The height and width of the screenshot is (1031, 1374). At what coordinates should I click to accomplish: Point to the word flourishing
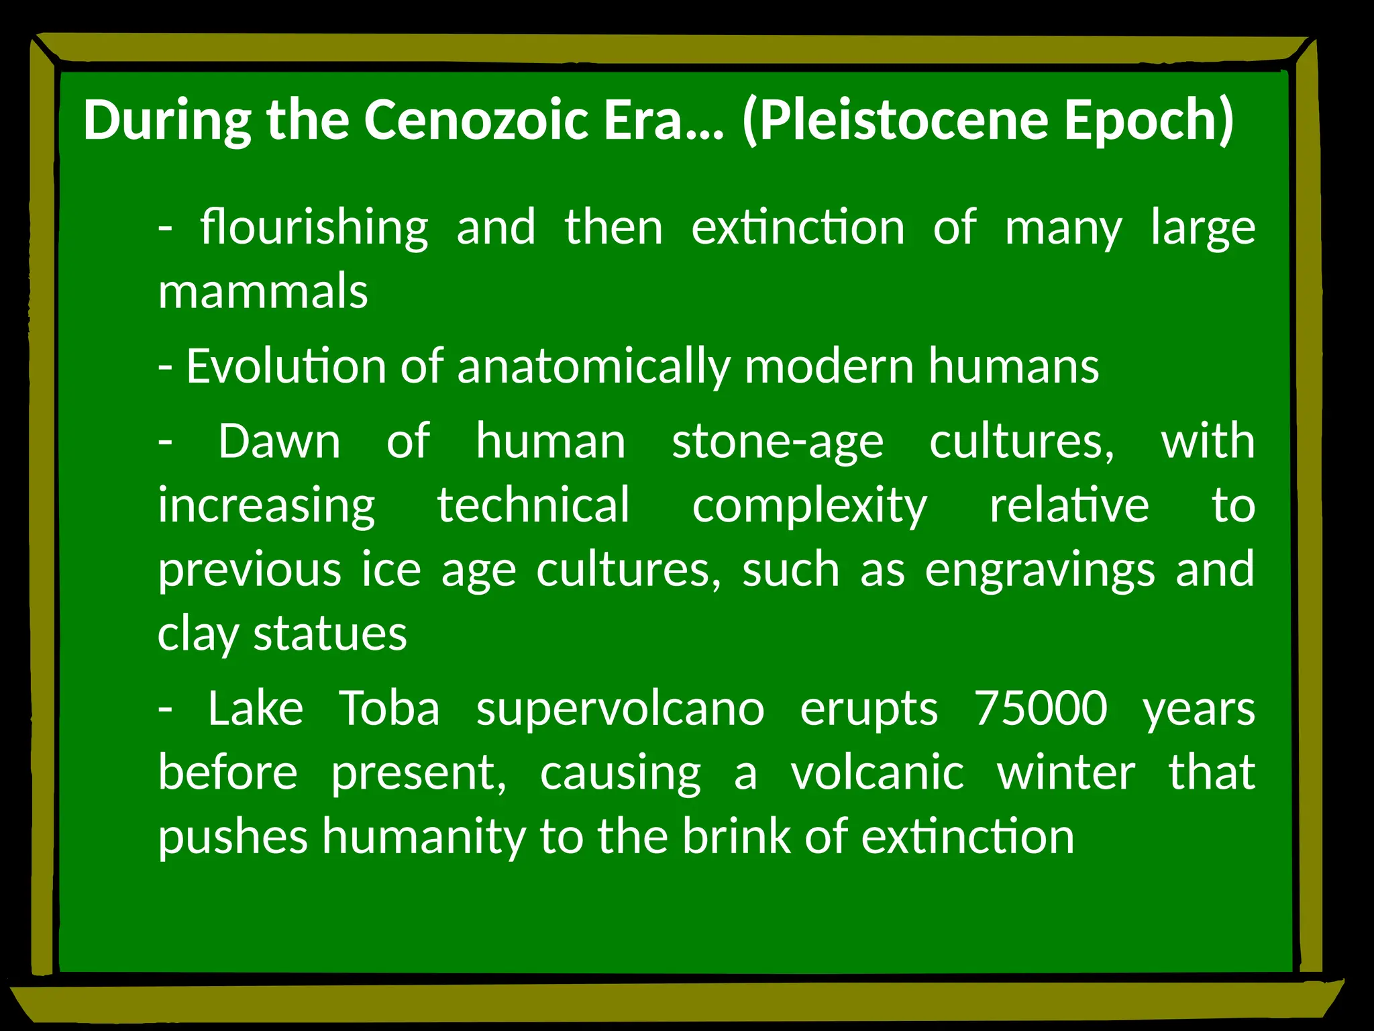pyautogui.click(x=314, y=228)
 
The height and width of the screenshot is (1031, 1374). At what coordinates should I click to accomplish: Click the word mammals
pyautogui.click(x=263, y=292)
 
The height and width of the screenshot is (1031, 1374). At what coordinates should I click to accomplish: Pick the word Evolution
pyautogui.click(x=286, y=366)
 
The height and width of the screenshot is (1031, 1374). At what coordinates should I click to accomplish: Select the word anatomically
pyautogui.click(x=593, y=368)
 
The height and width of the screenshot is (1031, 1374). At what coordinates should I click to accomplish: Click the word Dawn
pyautogui.click(x=279, y=442)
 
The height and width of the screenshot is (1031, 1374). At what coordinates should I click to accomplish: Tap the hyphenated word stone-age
pyautogui.click(x=778, y=443)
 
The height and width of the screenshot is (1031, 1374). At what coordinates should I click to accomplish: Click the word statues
pyautogui.click(x=330, y=633)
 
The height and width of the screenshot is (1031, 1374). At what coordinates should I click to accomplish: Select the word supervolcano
pyautogui.click(x=620, y=709)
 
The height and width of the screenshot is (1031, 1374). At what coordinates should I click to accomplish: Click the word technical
pyautogui.click(x=534, y=505)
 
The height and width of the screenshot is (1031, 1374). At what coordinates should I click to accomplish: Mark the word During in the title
pyautogui.click(x=167, y=121)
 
